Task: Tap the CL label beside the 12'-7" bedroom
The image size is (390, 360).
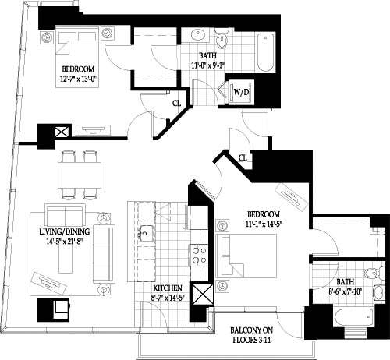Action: (x=178, y=102)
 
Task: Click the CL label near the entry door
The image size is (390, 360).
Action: (x=243, y=158)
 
